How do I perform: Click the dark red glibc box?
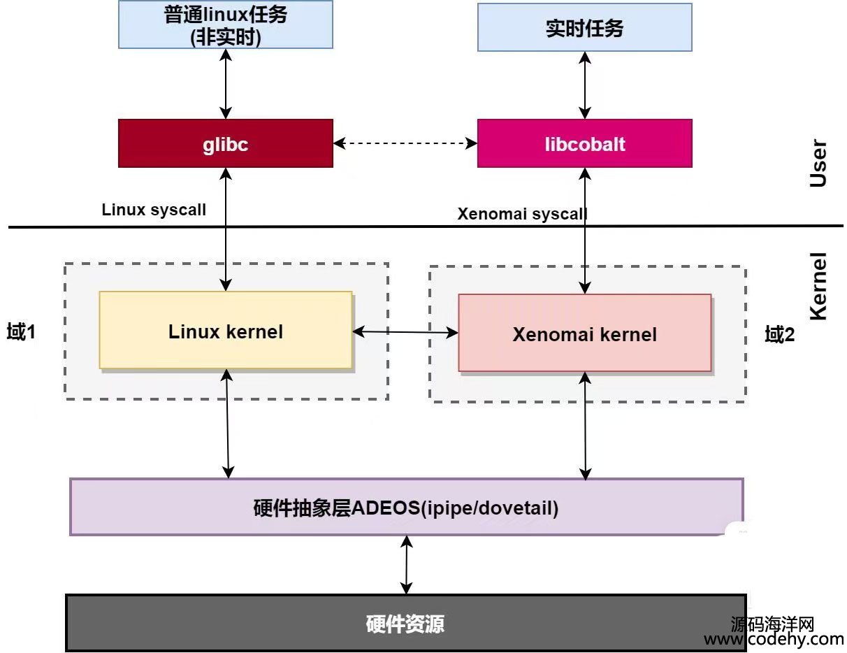tap(225, 143)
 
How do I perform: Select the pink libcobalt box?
tap(584, 143)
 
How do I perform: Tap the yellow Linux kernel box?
tap(225, 330)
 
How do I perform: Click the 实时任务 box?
tap(584, 27)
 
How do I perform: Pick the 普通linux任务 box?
tap(225, 25)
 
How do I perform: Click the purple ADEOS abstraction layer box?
tap(406, 507)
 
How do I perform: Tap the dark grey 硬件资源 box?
tap(405, 623)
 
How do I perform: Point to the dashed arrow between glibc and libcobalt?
tap(405, 143)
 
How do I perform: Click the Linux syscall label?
tap(154, 209)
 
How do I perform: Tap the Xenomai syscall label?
tap(522, 213)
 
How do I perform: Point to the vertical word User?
tap(817, 164)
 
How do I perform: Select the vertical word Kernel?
tap(817, 287)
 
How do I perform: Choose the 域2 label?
tap(780, 334)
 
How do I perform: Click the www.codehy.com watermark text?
tap(774, 639)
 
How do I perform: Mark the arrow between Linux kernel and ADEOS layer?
tap(227, 424)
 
